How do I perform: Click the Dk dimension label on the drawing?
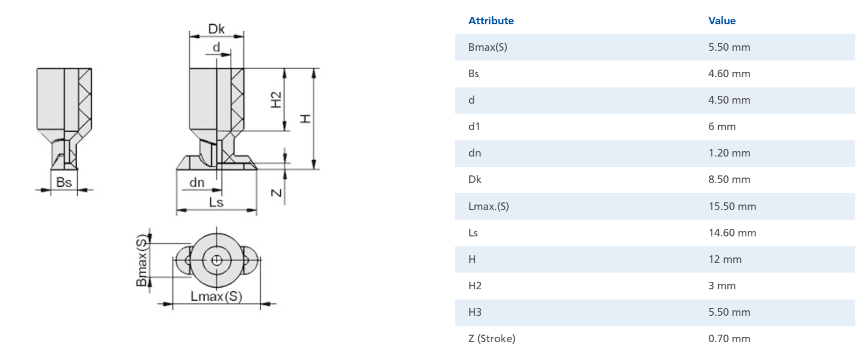pyautogui.click(x=217, y=29)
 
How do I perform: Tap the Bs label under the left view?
pyautogui.click(x=64, y=182)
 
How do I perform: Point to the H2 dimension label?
pyautogui.click(x=276, y=100)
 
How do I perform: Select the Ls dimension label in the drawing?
pyautogui.click(x=216, y=202)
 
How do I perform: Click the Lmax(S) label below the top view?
pyautogui.click(x=216, y=296)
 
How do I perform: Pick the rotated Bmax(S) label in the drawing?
pyautogui.click(x=141, y=260)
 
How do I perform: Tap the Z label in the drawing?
pyautogui.click(x=276, y=193)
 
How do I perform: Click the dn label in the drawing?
pyautogui.click(x=197, y=183)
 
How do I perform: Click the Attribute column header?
pyautogui.click(x=491, y=21)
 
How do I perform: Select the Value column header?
pyautogui.click(x=722, y=21)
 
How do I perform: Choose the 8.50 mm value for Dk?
pyautogui.click(x=730, y=179)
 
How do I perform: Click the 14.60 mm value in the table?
pyautogui.click(x=732, y=233)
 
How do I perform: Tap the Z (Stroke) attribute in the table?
pyautogui.click(x=492, y=338)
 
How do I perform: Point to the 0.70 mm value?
pyautogui.click(x=730, y=338)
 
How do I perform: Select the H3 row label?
pyautogui.click(x=475, y=312)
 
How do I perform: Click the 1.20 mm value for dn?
pyautogui.click(x=730, y=153)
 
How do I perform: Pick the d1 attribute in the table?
pyautogui.click(x=474, y=126)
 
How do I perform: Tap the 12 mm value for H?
pyautogui.click(x=725, y=259)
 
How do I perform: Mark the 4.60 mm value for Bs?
pyautogui.click(x=730, y=73)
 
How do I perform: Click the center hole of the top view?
pyautogui.click(x=217, y=261)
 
